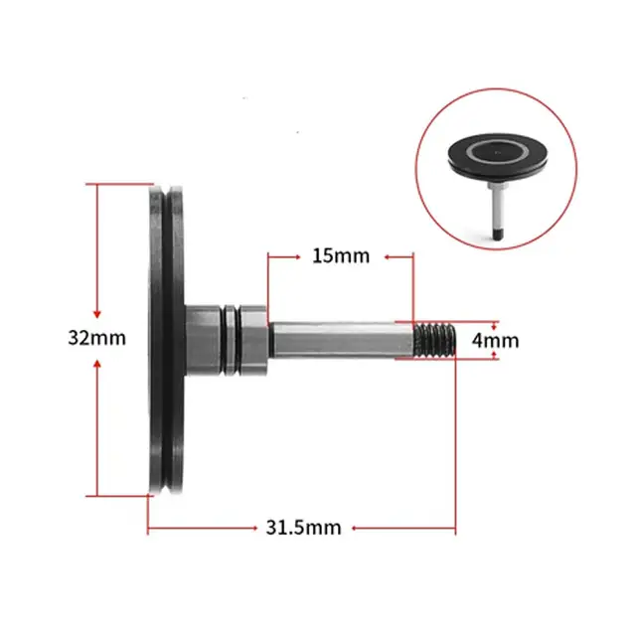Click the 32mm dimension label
click(x=97, y=337)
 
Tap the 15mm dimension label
click(x=341, y=255)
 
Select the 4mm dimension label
click(x=495, y=340)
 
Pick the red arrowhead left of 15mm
click(x=272, y=256)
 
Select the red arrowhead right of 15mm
click(x=408, y=256)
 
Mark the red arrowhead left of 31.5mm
click(x=151, y=529)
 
